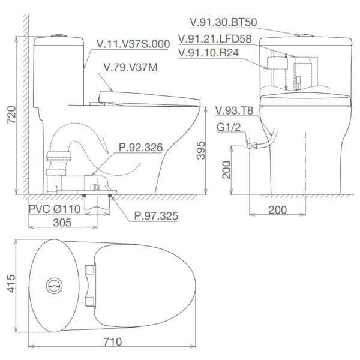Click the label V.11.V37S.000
[x=134, y=43]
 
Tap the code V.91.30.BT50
[x=223, y=23]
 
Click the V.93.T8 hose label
[x=235, y=110]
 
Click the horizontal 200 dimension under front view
[x=277, y=209]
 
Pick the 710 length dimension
[x=113, y=342]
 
